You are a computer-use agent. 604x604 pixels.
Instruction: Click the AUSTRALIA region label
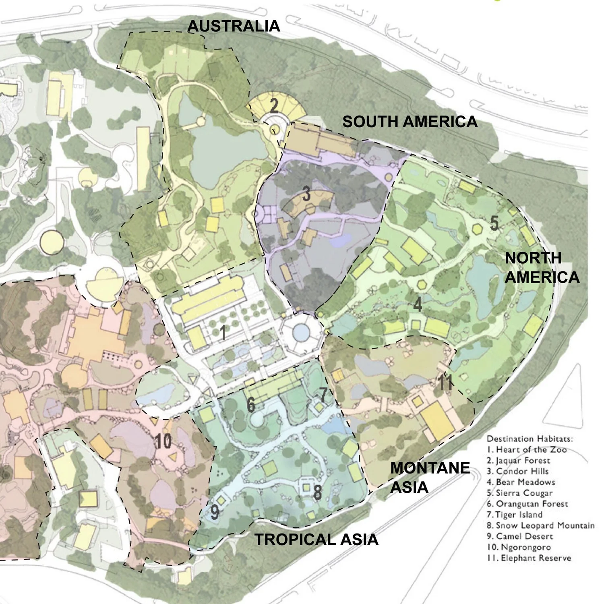(x=234, y=26)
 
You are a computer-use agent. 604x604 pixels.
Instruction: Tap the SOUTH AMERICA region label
(x=410, y=122)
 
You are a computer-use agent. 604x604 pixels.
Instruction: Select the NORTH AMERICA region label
(x=542, y=267)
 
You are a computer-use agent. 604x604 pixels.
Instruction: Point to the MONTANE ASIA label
(x=430, y=477)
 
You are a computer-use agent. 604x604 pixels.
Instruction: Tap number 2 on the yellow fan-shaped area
(x=274, y=105)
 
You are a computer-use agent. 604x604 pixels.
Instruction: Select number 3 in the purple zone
(x=306, y=194)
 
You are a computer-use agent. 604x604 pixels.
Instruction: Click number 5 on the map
(x=494, y=223)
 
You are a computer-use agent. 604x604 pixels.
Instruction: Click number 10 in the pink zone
(x=163, y=442)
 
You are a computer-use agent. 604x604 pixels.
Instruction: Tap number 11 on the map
(x=445, y=383)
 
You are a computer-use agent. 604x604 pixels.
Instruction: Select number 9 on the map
(x=215, y=512)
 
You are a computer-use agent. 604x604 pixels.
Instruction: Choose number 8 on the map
(x=317, y=492)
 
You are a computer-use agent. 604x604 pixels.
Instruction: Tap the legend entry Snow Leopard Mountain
(x=540, y=525)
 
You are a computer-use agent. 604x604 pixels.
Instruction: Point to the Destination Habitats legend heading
(x=530, y=439)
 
